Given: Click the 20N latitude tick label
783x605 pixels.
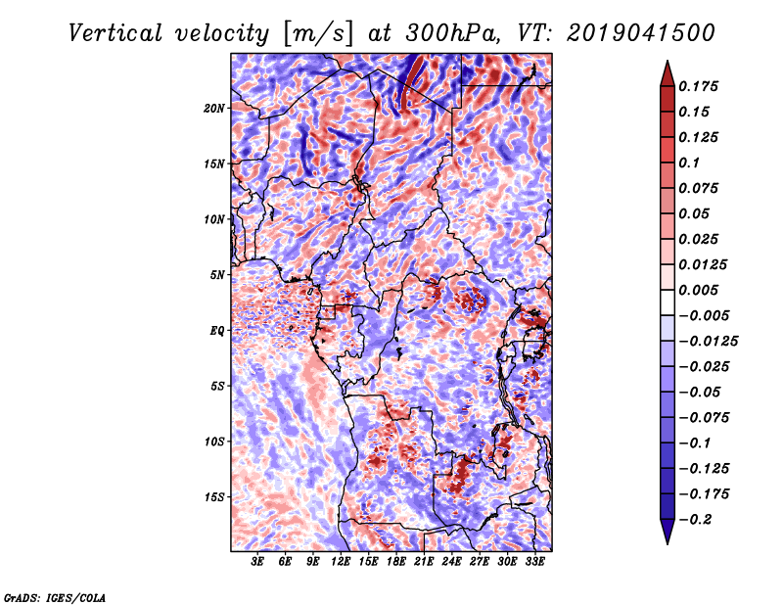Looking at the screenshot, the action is point(214,109).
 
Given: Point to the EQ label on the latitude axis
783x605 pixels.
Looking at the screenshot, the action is point(217,331).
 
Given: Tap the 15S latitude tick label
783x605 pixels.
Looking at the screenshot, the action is point(214,497).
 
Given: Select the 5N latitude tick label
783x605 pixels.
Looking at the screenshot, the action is point(217,275).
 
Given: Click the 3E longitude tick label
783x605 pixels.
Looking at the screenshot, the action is point(257,562).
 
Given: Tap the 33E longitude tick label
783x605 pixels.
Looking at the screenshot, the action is point(534,562).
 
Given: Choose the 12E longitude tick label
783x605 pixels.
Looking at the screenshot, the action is point(340,562).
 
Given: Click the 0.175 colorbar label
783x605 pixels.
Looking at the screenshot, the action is point(698,86).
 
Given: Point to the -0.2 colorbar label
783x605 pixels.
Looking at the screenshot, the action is point(695,520).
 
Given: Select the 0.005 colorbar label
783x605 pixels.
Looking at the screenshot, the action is point(698,290).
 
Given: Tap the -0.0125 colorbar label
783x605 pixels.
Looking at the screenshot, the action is point(708,342).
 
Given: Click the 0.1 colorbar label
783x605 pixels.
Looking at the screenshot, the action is point(689,163).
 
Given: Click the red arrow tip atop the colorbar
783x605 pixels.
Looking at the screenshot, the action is point(668,62).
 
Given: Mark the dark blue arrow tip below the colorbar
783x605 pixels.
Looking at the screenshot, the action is point(668,542).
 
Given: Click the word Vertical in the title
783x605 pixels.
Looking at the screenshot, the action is point(115,33).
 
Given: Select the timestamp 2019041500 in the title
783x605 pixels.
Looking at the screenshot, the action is point(641,33).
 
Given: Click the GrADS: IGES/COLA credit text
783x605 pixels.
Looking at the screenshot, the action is point(55,597).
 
